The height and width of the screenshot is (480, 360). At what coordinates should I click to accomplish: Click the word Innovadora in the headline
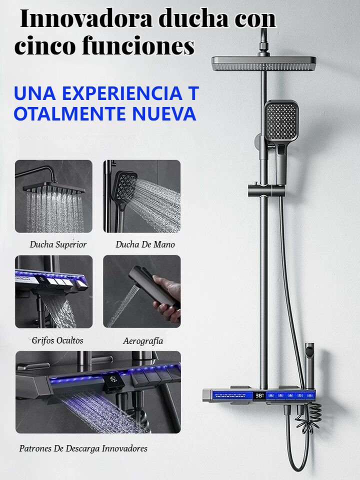pyautogui.click(x=86, y=19)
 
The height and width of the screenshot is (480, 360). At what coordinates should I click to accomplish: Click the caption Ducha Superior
pyautogui.click(x=58, y=244)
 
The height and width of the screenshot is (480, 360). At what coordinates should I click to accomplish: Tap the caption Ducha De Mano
pyautogui.click(x=145, y=244)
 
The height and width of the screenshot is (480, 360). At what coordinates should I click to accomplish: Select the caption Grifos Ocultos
pyautogui.click(x=57, y=340)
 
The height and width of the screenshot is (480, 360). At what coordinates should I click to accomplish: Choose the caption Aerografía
pyautogui.click(x=143, y=340)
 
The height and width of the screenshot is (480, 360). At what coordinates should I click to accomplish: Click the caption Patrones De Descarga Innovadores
pyautogui.click(x=83, y=448)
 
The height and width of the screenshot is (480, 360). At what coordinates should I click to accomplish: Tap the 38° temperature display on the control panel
pyautogui.click(x=259, y=395)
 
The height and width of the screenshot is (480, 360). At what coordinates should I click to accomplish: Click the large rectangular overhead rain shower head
pyautogui.click(x=264, y=63)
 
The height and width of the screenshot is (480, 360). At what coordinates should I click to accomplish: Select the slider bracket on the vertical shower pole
pyautogui.click(x=266, y=191)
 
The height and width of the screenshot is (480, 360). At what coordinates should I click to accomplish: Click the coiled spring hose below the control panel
pyautogui.click(x=309, y=417)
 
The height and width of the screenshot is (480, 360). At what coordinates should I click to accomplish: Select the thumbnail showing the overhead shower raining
pyautogui.click(x=53, y=196)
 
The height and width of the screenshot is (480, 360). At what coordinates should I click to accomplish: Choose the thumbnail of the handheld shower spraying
pyautogui.click(x=141, y=196)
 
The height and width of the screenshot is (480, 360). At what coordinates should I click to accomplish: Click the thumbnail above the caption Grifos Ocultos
pyautogui.click(x=53, y=291)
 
